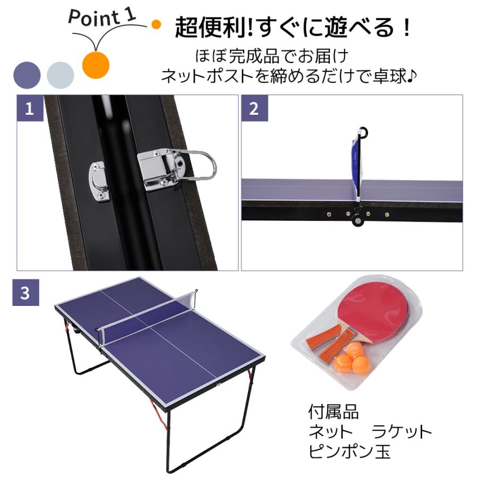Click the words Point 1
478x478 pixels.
coord(102,17)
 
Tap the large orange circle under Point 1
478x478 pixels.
coord(96,65)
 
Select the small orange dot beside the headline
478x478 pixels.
coord(156,24)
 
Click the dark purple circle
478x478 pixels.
coord(27,75)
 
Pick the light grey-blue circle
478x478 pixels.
coord(61,75)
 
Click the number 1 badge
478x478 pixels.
coord(30,108)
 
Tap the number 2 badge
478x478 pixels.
coord(254,108)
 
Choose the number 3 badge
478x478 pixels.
coord(25,293)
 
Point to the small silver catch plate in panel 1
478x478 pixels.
coord(99,181)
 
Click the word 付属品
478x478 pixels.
coord(333,412)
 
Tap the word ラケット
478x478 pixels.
coord(402,432)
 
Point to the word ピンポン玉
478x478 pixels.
coord(349,452)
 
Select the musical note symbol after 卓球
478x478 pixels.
coord(411,76)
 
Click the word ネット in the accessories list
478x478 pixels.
coord(330,432)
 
